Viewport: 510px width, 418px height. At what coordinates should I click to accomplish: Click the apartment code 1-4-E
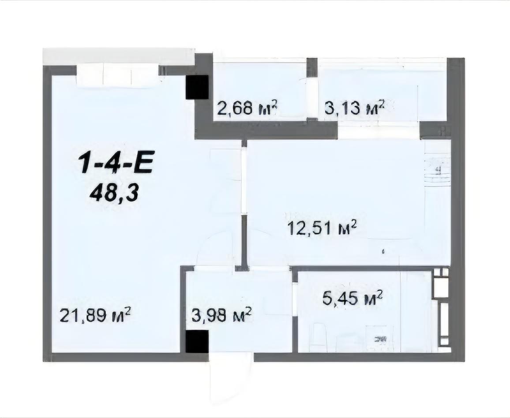pyautogui.click(x=116, y=163)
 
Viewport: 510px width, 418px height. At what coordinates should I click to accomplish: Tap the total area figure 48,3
pyautogui.click(x=115, y=195)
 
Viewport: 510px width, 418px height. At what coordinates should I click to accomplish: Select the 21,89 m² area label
pyautogui.click(x=95, y=315)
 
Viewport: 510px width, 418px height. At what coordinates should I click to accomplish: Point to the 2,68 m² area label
pyautogui.click(x=247, y=108)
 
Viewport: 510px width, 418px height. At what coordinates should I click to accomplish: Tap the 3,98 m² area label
pyautogui.click(x=222, y=315)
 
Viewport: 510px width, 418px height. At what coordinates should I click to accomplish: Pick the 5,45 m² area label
pyautogui.click(x=352, y=298)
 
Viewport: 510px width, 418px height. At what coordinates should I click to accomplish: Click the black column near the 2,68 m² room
pyautogui.click(x=197, y=87)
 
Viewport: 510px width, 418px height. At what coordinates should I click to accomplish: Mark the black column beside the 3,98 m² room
pyautogui.click(x=197, y=342)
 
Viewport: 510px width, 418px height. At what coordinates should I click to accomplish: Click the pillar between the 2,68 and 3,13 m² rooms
pyautogui.click(x=312, y=67)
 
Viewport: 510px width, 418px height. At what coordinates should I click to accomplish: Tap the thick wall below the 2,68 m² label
pyautogui.click(x=266, y=131)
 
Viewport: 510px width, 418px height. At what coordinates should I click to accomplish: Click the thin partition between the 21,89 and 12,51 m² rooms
pyautogui.click(x=244, y=205)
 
